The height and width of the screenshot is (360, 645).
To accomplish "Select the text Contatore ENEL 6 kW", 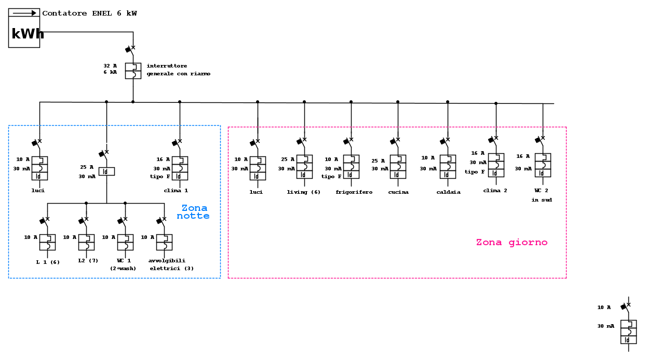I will click(89, 14).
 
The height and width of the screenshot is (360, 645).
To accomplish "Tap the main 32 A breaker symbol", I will click(133, 71).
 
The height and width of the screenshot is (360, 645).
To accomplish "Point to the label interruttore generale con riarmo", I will click(178, 70).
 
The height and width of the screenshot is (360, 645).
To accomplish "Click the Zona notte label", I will click(194, 212).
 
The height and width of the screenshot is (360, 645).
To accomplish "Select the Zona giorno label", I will click(512, 243).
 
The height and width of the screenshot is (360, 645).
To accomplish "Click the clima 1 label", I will click(176, 191).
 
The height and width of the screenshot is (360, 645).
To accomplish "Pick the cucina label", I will click(398, 192).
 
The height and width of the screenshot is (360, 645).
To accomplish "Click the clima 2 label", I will click(495, 191).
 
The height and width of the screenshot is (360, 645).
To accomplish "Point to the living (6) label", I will click(304, 192).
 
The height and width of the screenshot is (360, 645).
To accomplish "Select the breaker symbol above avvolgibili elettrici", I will click(164, 242).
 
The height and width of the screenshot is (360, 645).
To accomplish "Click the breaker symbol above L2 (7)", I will click(86, 242).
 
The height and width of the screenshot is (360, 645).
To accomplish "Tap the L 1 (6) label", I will click(48, 262).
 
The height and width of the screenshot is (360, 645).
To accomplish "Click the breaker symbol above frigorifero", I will click(351, 167).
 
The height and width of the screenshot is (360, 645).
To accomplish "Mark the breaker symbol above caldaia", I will click(448, 167).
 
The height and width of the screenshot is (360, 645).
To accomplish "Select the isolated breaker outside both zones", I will click(628, 331).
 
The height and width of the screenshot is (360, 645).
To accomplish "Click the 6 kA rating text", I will click(110, 72).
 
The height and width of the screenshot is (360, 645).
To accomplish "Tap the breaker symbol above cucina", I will click(398, 167).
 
